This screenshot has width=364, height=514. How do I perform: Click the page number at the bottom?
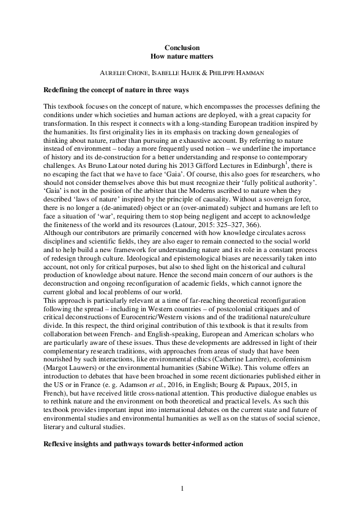tap(182, 489)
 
